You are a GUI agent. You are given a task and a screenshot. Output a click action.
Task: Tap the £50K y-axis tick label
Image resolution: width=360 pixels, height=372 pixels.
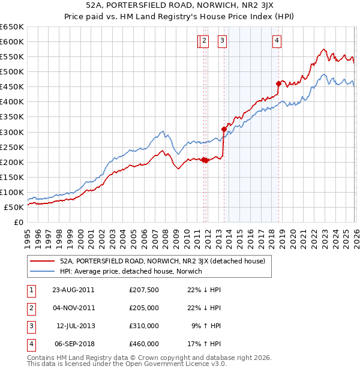[14, 207]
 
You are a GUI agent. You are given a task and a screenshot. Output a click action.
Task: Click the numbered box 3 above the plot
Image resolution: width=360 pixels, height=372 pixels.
[222, 41]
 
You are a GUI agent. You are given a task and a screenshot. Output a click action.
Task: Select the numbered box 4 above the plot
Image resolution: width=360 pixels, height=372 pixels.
[277, 41]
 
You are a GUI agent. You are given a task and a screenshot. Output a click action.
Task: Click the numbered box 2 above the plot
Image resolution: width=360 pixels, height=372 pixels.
[204, 41]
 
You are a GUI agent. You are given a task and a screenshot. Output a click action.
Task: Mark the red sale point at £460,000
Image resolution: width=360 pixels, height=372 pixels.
[278, 83]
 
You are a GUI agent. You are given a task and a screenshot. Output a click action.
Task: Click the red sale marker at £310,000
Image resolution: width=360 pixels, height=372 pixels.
[224, 128]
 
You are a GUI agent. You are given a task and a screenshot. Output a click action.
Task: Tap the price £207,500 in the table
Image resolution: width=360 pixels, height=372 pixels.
[144, 290]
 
